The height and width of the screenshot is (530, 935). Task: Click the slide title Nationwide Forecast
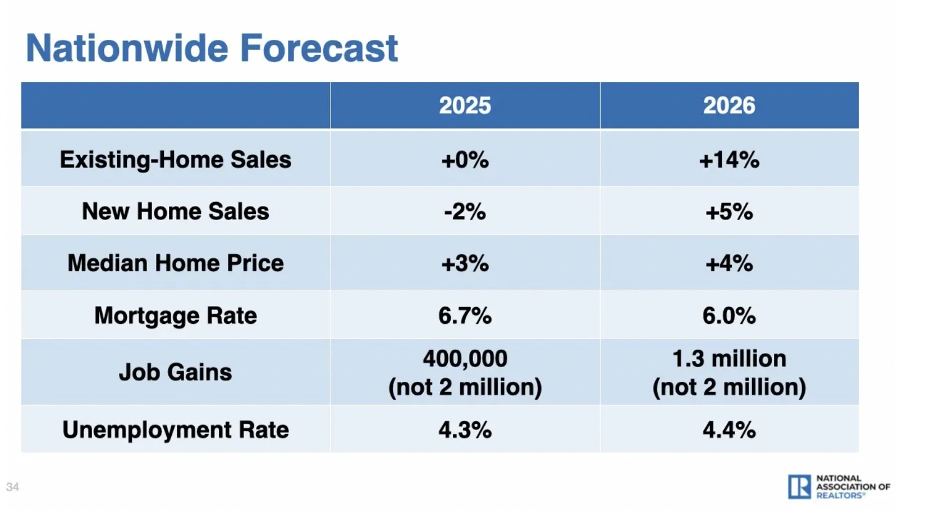(212, 48)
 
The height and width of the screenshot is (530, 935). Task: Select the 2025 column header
(465, 106)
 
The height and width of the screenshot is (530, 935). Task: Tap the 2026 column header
(729, 106)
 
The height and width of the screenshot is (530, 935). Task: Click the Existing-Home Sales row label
(176, 159)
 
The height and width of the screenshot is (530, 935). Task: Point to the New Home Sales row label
(176, 212)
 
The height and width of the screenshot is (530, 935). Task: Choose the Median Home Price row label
(176, 263)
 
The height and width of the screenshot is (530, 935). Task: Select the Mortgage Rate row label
(176, 316)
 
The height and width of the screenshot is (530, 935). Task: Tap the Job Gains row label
(176, 372)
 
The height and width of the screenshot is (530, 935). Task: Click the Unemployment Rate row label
(176, 430)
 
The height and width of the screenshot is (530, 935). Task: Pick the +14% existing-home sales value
(729, 160)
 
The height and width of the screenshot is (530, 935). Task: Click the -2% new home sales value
(465, 212)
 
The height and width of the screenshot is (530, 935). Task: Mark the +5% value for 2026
(729, 212)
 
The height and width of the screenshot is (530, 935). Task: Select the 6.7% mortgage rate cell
(465, 316)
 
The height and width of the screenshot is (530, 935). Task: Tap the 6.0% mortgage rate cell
(729, 316)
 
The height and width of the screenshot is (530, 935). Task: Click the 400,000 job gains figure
(465, 359)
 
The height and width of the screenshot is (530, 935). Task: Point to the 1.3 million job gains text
(729, 359)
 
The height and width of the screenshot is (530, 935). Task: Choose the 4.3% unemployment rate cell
(465, 430)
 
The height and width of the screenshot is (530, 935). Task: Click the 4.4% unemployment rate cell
(729, 430)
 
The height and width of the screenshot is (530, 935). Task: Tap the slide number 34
(12, 487)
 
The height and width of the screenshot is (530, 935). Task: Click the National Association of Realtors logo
(838, 487)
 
